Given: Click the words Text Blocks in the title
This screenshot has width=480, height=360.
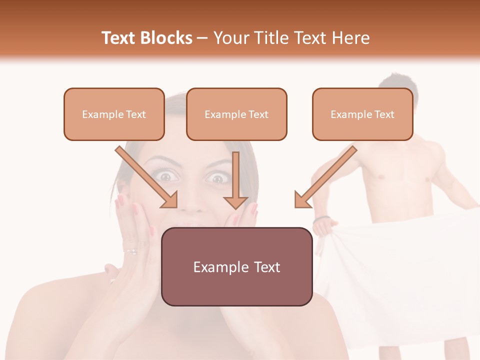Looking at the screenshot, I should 146,38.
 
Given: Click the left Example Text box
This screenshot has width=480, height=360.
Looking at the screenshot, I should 114,114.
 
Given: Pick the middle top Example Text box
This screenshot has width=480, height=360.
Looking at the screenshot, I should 236,114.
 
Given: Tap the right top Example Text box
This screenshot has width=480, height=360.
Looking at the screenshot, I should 362,114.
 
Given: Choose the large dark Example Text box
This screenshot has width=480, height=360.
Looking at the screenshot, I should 236,267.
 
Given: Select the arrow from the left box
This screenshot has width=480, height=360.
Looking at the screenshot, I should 147,177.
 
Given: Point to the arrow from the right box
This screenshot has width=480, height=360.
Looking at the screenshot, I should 325,177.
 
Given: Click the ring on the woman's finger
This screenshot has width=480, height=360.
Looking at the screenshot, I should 131,251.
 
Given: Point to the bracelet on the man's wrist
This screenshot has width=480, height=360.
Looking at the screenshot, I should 321,218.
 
